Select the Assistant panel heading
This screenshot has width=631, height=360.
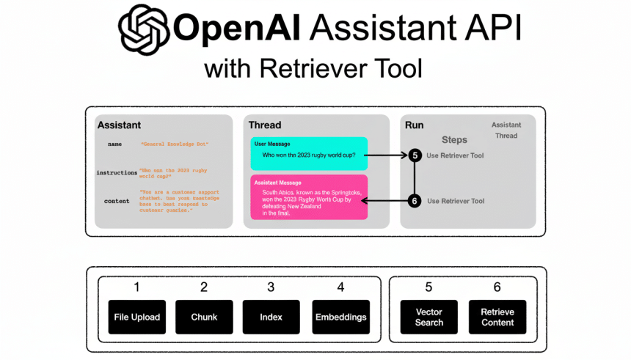click(119, 125)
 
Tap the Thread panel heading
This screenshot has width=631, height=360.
click(265, 125)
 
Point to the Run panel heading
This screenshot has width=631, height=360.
click(414, 125)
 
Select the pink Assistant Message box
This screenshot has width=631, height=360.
click(308, 197)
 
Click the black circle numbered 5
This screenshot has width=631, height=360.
click(415, 155)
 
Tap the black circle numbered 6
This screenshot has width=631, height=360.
click(415, 201)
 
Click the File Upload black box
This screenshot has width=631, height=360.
click(136, 317)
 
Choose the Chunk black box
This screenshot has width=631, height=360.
click(204, 317)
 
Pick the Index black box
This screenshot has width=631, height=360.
click(271, 317)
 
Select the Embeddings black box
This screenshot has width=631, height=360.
click(340, 317)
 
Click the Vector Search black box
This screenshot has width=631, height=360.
click(429, 317)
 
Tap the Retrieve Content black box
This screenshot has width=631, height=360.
click(497, 317)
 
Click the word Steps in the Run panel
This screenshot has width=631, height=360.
click(454, 139)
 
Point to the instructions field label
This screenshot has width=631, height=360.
click(117, 173)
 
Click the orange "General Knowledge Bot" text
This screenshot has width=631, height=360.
click(169, 145)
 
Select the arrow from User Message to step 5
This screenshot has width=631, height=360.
click(385, 155)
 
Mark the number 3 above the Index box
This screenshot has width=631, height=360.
click(271, 287)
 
